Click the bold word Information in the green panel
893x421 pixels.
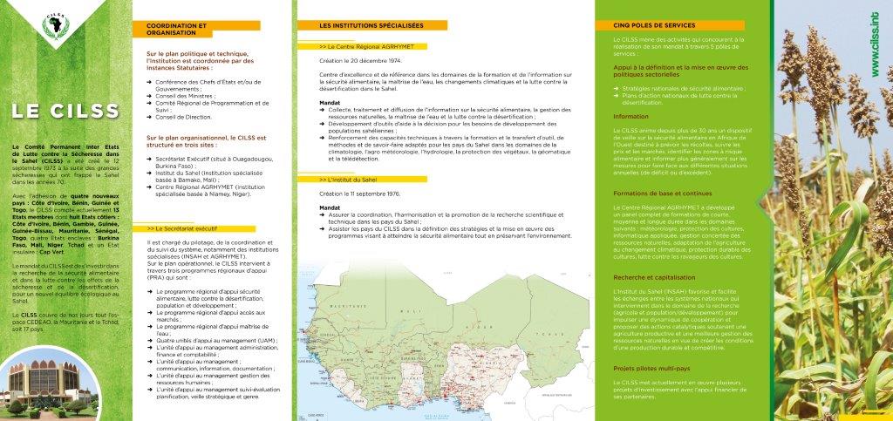click(631, 116)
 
